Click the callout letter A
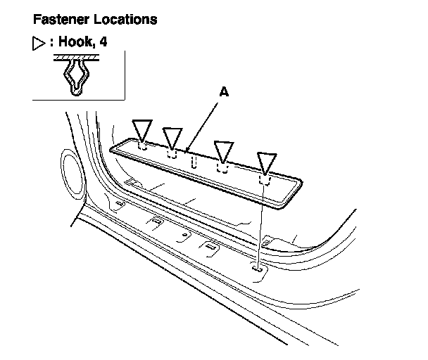click(225, 91)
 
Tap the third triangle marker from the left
click(224, 149)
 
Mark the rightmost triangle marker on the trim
click(266, 162)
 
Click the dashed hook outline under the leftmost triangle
click(142, 148)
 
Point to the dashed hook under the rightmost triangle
click(265, 181)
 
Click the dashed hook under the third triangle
click(222, 168)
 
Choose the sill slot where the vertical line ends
click(259, 267)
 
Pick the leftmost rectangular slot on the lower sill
click(120, 205)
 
